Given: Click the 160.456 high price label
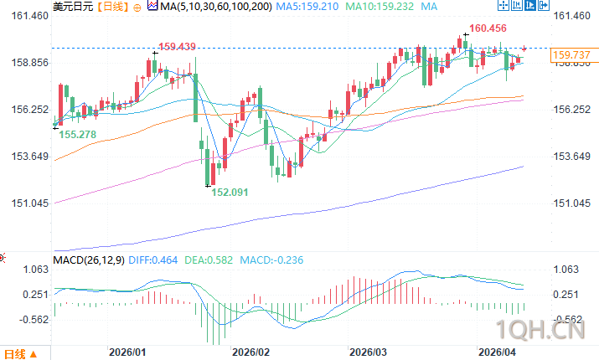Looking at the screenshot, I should pos(488,28).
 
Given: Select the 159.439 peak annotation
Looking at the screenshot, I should pos(176,46).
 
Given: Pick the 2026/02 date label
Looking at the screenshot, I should pos(251,353).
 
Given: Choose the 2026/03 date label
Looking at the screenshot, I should pos(369,353).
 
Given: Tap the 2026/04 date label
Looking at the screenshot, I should pos(495,353).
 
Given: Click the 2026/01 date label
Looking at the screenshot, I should pos(127,353).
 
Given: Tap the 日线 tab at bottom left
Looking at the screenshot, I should pos(18,352).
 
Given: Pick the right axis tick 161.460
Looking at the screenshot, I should pos(577,16).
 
